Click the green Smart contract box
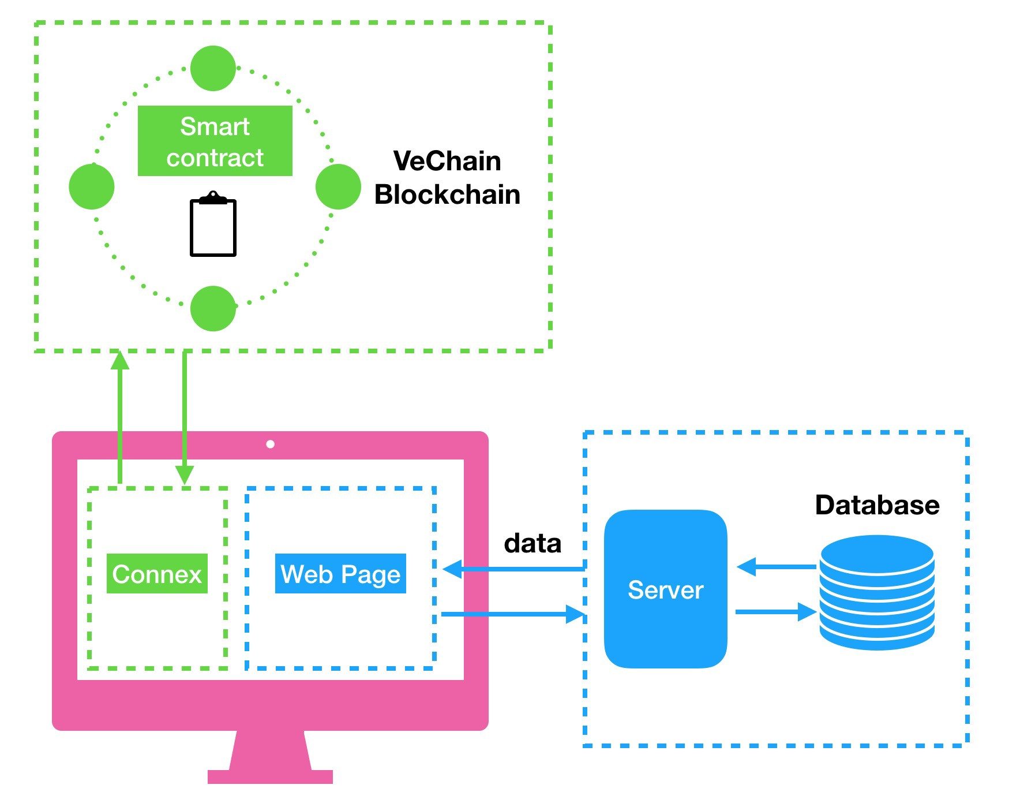click(x=215, y=141)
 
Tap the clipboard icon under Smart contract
click(x=213, y=225)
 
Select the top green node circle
click(x=213, y=68)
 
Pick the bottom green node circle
click(x=213, y=308)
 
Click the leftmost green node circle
click(x=91, y=186)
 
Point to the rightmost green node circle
click(x=338, y=186)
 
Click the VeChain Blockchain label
click(x=447, y=178)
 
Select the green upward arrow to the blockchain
click(x=120, y=416)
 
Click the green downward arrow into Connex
click(x=185, y=416)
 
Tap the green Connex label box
click(x=157, y=573)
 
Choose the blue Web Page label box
click(x=340, y=573)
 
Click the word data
click(x=532, y=543)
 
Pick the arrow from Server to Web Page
click(x=513, y=569)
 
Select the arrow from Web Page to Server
click(x=513, y=614)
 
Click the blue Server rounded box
click(x=665, y=589)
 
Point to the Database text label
click(x=877, y=505)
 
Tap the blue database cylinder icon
click(x=877, y=592)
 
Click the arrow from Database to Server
click(x=776, y=567)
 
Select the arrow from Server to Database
click(x=776, y=612)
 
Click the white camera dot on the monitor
click(x=270, y=444)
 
